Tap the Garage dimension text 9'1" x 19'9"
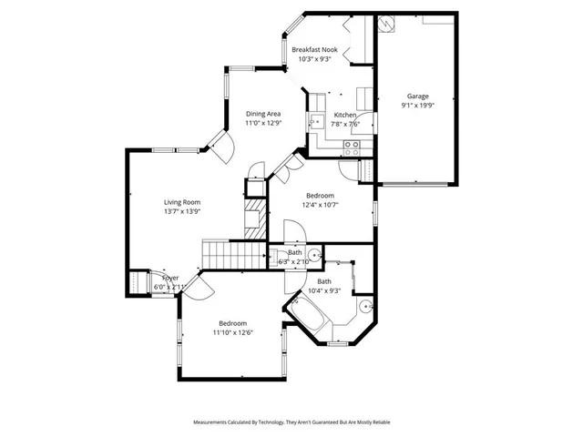417,106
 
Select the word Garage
417,97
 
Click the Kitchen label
345,115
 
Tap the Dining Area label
262,114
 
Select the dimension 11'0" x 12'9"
262,123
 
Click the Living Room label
181,202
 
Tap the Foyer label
170,278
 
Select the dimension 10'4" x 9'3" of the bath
323,290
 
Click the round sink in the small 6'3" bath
312,256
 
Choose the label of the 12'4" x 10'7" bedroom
320,196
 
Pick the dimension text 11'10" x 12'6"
234,332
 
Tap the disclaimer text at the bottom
291,422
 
